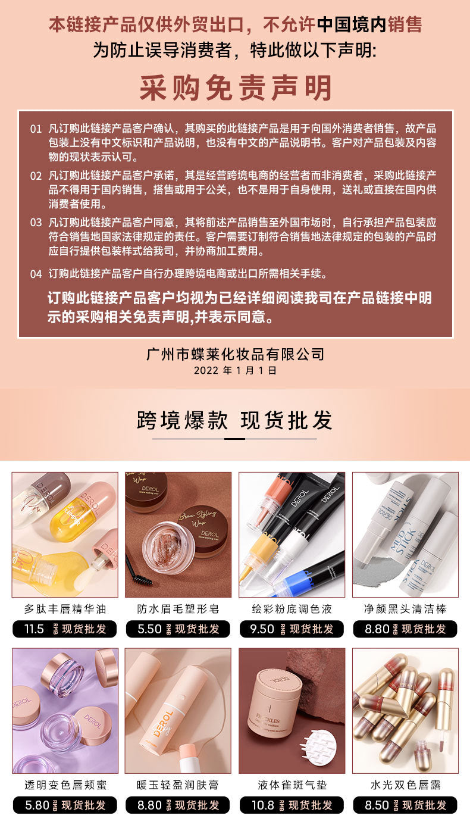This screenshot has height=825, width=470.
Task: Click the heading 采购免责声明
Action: tap(236, 87)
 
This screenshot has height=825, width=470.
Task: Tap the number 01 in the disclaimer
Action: tap(36, 129)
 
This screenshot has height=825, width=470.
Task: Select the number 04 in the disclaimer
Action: tap(36, 274)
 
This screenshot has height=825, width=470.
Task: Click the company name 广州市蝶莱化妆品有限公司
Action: tap(235, 354)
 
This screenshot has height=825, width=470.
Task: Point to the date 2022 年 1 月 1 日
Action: tap(235, 370)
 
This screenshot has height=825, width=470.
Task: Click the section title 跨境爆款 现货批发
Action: tap(235, 420)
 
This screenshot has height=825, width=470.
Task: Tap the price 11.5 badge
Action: tap(65, 629)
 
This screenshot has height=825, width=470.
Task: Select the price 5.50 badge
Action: tap(178, 629)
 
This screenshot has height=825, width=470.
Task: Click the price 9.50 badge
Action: tap(292, 629)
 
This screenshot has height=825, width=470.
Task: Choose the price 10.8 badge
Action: tap(292, 805)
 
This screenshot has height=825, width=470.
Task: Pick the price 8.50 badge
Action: tap(405, 805)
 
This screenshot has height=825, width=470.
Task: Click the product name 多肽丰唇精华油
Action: tap(65, 609)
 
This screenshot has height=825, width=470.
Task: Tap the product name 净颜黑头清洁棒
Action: tap(405, 609)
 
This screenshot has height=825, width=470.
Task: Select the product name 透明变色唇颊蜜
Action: tap(65, 785)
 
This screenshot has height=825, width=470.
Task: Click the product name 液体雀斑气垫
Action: tap(292, 785)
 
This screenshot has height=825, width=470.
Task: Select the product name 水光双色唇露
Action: tap(405, 785)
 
